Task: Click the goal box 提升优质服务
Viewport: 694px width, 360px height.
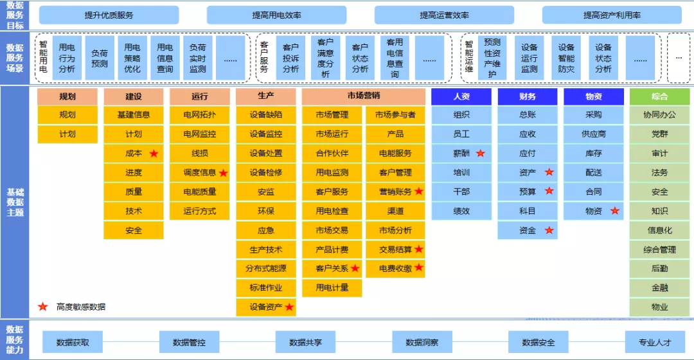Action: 109,15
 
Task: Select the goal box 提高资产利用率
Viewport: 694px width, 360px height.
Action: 612,15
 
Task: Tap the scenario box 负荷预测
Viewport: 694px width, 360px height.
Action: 100,58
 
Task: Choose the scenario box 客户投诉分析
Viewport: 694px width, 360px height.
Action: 290,58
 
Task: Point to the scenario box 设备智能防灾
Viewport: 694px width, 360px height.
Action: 565,58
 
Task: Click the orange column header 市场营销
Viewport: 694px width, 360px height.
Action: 363,96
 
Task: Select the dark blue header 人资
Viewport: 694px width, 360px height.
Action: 461,96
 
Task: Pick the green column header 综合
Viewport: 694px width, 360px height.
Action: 659,96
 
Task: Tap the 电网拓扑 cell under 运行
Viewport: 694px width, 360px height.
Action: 200,114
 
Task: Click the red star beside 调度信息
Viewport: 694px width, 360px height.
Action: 224,173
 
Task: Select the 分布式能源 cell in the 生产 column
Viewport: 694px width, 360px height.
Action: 266,268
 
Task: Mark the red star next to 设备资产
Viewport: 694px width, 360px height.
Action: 289,307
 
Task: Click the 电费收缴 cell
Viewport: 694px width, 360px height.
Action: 395,268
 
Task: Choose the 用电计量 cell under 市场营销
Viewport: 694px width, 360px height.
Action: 332,288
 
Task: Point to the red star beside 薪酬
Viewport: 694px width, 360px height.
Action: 481,153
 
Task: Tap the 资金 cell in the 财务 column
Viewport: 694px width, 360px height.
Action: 528,230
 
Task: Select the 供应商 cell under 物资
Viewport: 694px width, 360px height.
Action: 594,134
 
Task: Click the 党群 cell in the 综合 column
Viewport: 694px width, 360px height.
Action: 659,134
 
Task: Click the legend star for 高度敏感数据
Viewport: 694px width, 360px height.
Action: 43,307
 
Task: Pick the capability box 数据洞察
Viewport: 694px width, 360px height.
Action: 422,342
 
